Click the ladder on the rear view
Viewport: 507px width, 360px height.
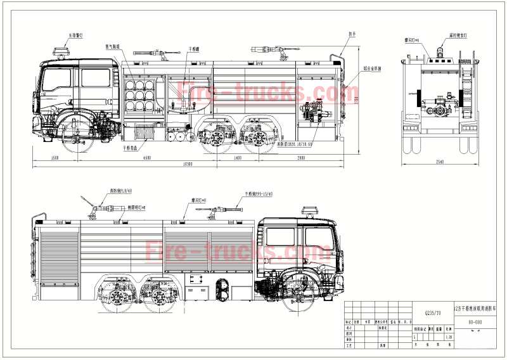[469, 95]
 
